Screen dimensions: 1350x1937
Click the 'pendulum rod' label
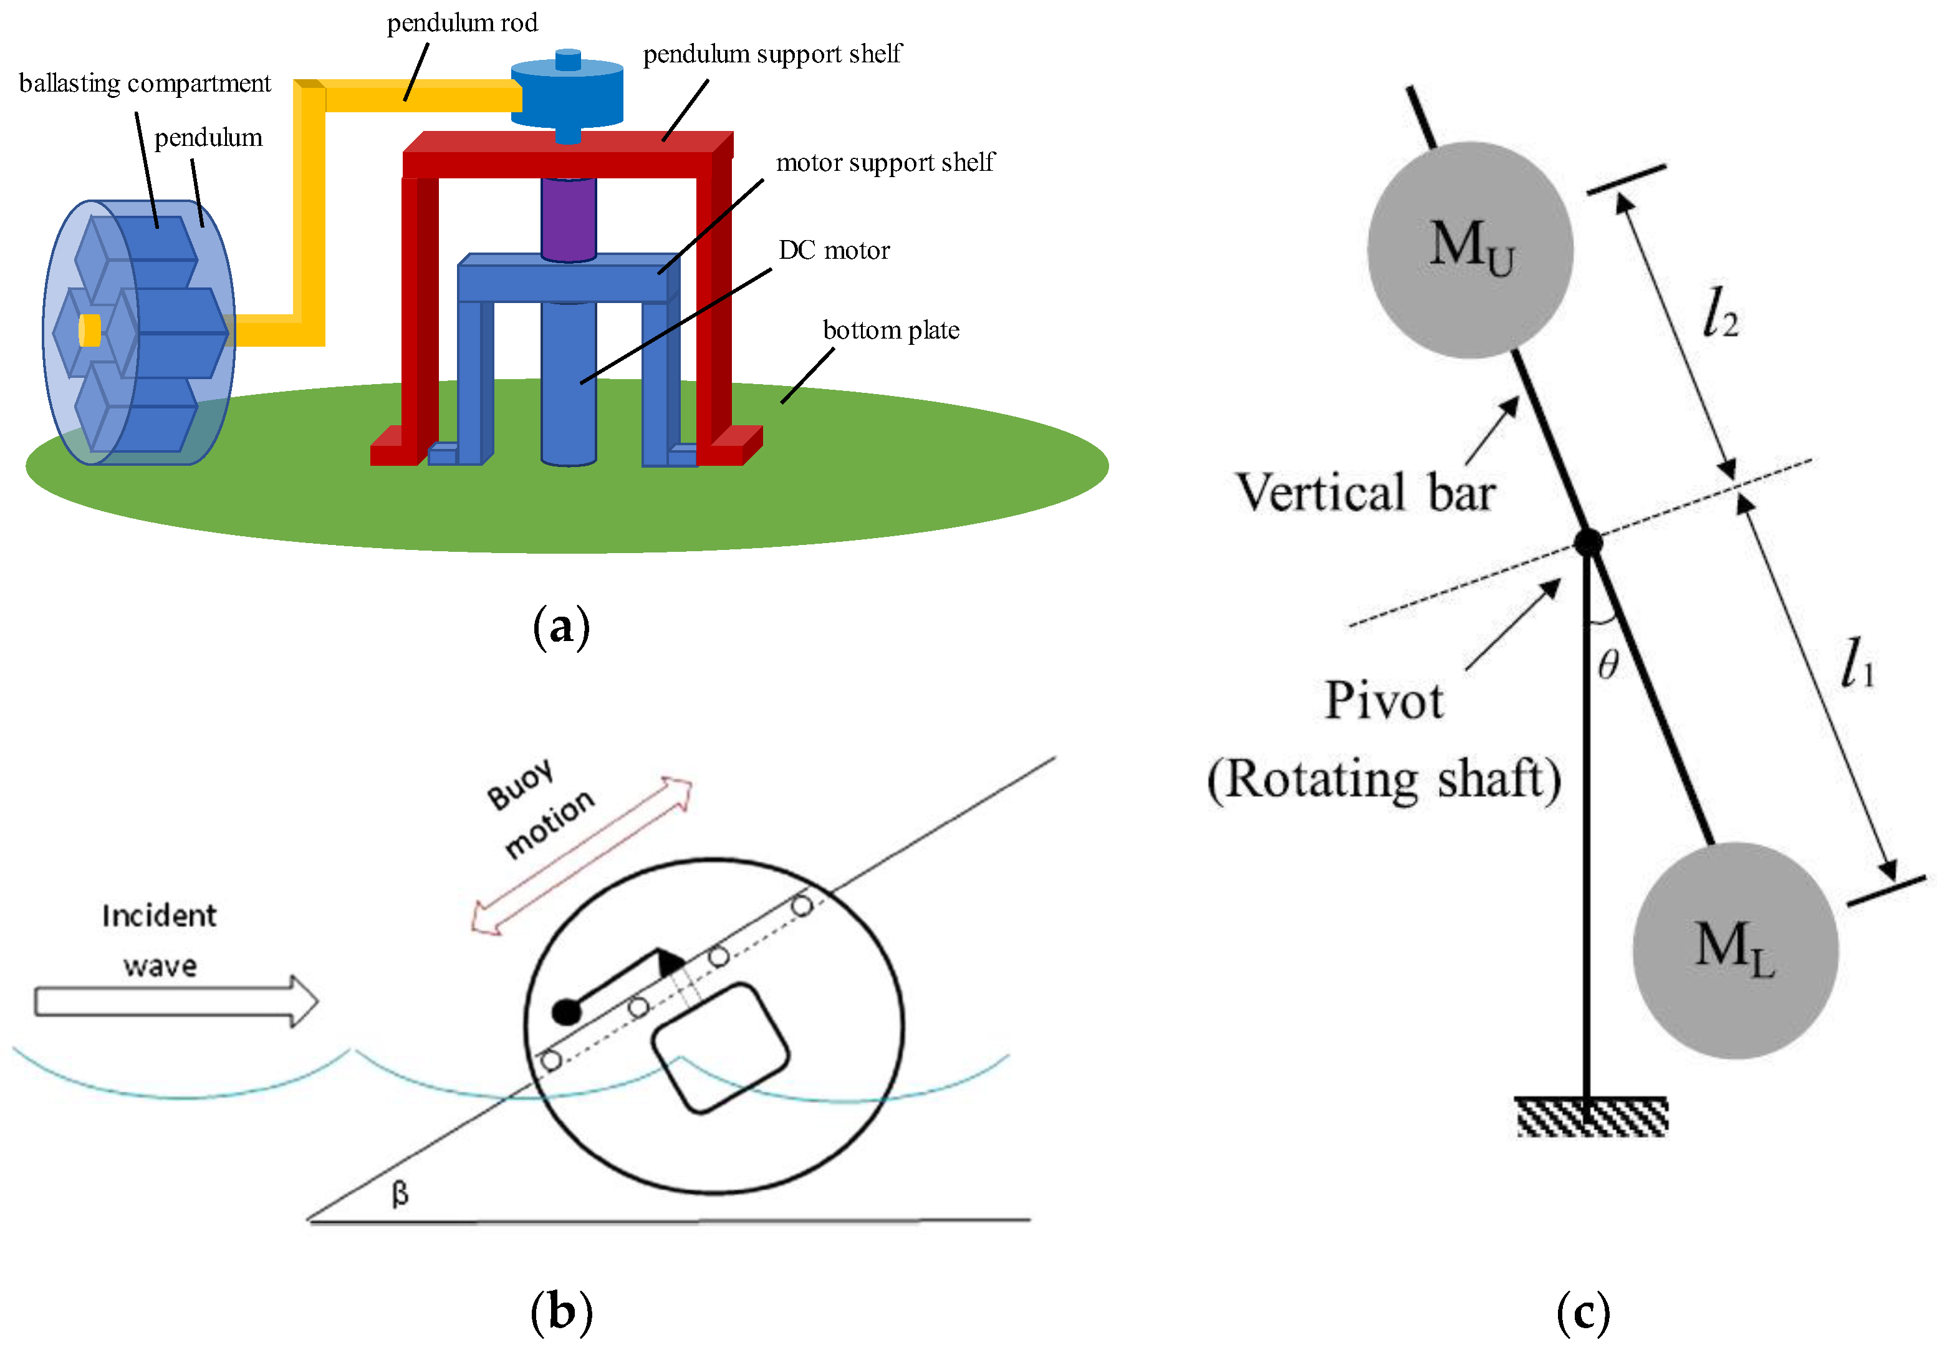[463, 24]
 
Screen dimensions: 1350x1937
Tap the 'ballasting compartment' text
[145, 84]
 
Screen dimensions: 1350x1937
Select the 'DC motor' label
[834, 251]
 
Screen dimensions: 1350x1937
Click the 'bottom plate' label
[891, 330]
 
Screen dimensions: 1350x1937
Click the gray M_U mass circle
[1469, 250]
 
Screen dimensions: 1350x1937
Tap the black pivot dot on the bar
[1588, 542]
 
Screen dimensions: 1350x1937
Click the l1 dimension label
[1857, 663]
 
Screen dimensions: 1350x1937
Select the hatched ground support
[1591, 1116]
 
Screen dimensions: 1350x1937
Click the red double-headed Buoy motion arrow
[582, 856]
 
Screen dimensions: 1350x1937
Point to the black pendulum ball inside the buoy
[566, 1011]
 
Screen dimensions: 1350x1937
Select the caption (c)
[1583, 1313]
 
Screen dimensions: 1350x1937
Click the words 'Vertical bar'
[1365, 493]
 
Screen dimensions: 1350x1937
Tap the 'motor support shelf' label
[885, 163]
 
